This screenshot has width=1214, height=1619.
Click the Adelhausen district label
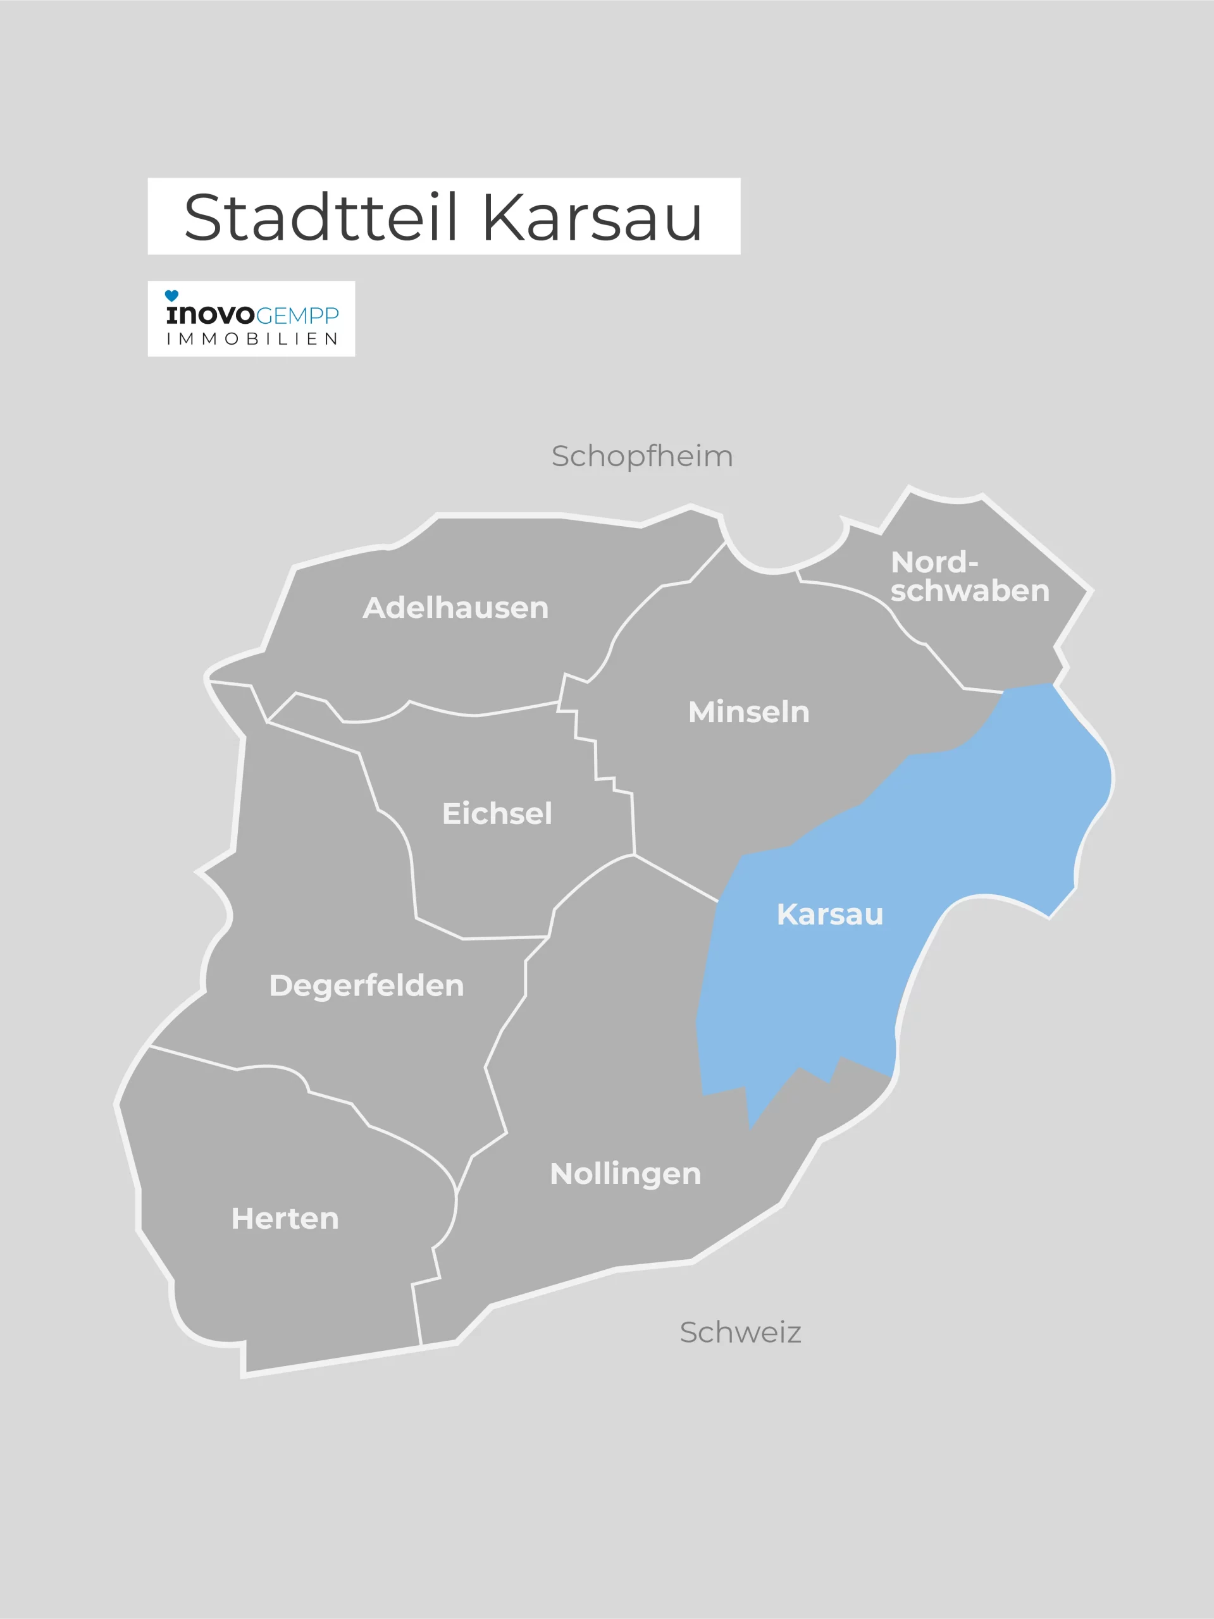click(x=455, y=608)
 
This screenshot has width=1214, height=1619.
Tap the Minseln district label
click(x=748, y=712)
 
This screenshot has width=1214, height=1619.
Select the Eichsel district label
click(x=497, y=814)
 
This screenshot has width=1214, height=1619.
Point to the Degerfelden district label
click(x=366, y=986)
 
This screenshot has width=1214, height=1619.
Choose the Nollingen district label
click(x=625, y=1174)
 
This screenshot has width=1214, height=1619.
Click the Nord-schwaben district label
click(x=969, y=577)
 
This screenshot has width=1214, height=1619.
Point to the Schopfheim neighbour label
click(x=642, y=457)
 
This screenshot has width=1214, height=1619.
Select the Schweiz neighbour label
click(x=740, y=1333)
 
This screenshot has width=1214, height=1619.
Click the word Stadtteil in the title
click(x=321, y=218)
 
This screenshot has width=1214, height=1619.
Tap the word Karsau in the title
click(x=592, y=218)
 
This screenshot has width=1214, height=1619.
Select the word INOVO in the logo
click(x=210, y=316)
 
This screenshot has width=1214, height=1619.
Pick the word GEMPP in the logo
click(x=297, y=316)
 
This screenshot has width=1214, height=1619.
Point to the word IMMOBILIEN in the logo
click(x=252, y=339)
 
